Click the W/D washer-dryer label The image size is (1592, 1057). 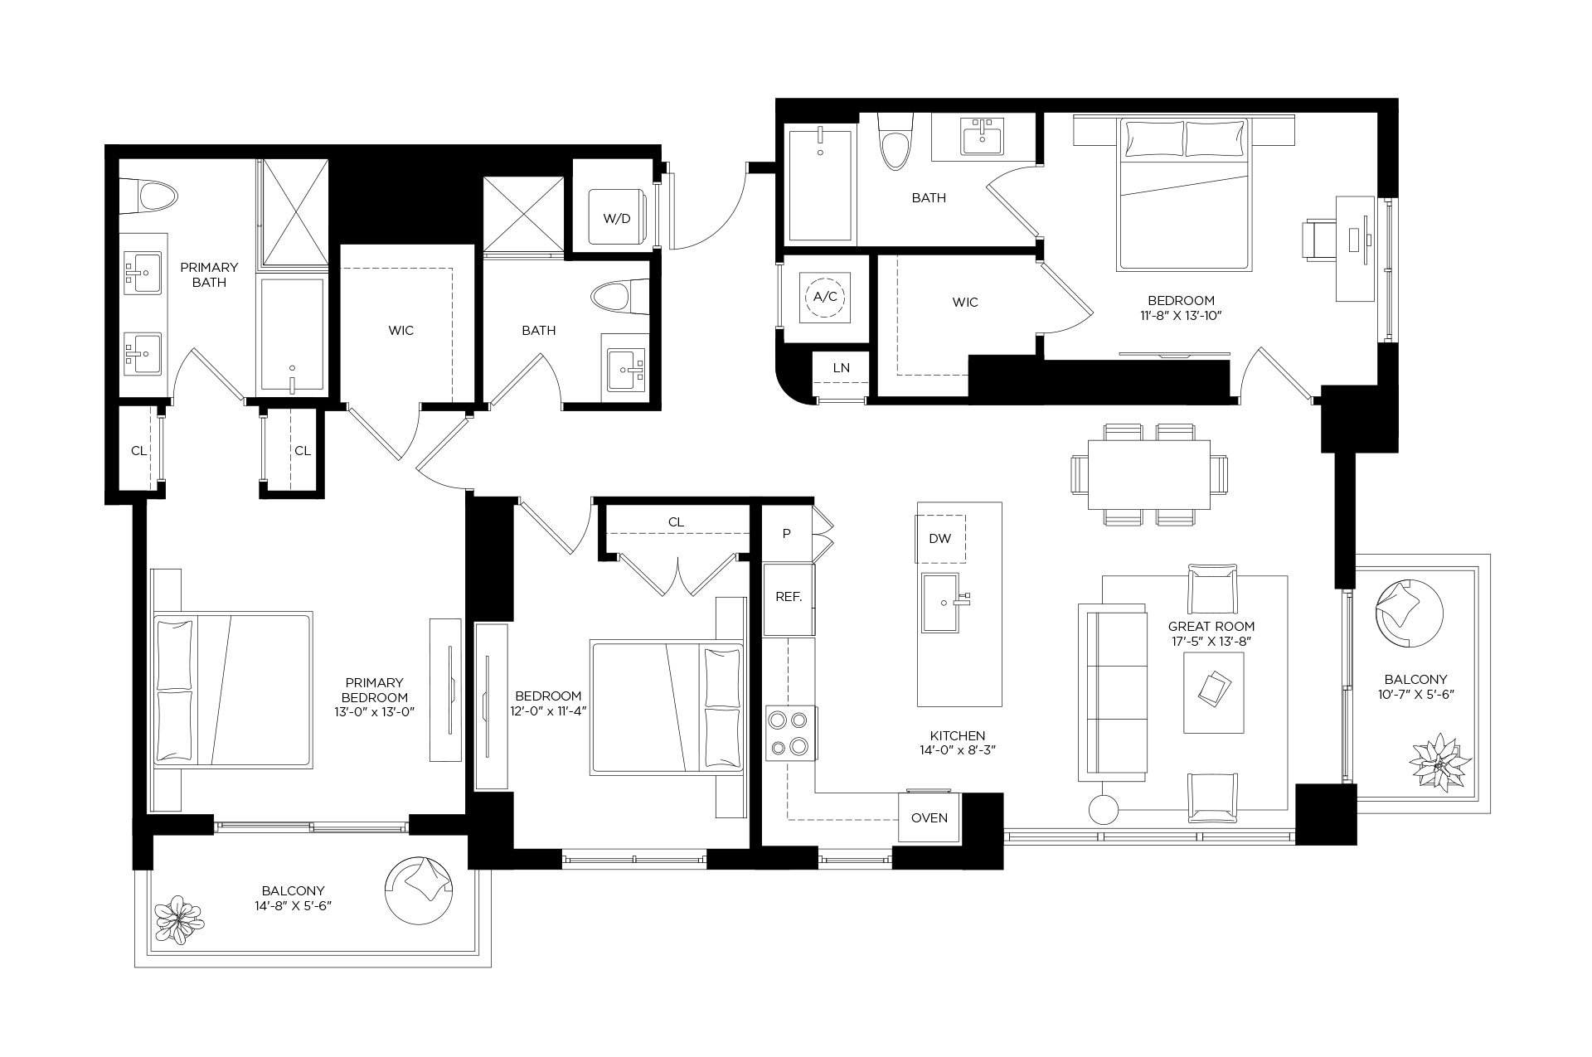pos(616,219)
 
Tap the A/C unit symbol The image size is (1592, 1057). pos(825,296)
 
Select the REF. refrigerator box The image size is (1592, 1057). pos(789,597)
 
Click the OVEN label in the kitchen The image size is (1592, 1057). pos(929,817)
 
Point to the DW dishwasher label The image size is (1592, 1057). pos(939,539)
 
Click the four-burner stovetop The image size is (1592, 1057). pos(789,734)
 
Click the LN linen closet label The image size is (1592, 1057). pos(841,368)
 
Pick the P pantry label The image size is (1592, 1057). pos(787,533)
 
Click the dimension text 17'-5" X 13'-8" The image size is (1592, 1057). pos(1211,641)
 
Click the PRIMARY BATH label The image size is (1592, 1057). pos(209,274)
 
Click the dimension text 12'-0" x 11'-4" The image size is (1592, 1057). pos(548,710)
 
